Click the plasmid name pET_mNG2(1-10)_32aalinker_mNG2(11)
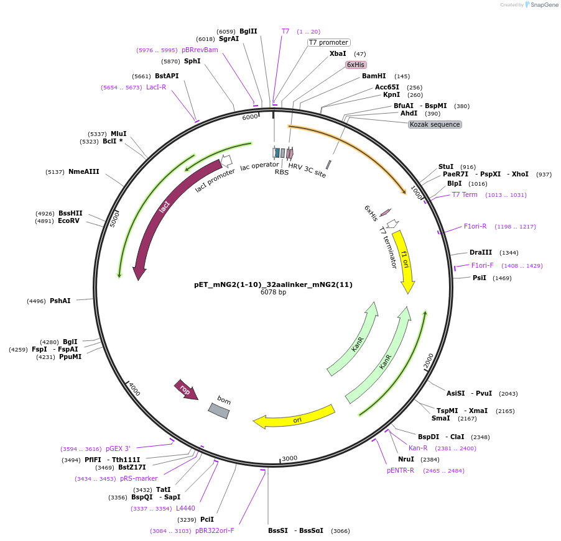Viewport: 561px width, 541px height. point(273,284)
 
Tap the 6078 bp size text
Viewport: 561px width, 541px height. point(273,293)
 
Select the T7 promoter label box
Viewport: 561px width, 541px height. point(329,42)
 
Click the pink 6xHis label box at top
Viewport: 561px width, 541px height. point(356,65)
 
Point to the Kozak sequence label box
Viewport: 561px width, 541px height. point(435,124)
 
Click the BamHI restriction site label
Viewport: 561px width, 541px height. point(374,76)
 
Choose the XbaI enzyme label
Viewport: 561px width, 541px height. point(338,54)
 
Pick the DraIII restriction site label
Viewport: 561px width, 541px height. point(481,253)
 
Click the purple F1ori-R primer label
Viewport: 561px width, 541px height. point(475,227)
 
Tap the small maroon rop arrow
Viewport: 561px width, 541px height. point(186,389)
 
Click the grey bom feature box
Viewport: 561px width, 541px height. point(219,408)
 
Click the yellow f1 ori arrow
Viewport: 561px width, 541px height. point(405,261)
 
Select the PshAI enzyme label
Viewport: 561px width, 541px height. point(60,301)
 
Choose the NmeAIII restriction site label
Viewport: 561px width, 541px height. point(84,172)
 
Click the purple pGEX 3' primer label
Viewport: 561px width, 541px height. point(118,448)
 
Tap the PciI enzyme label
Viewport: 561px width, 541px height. point(206,519)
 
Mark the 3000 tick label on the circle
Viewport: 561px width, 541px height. point(290,458)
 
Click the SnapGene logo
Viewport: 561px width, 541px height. point(539,5)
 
